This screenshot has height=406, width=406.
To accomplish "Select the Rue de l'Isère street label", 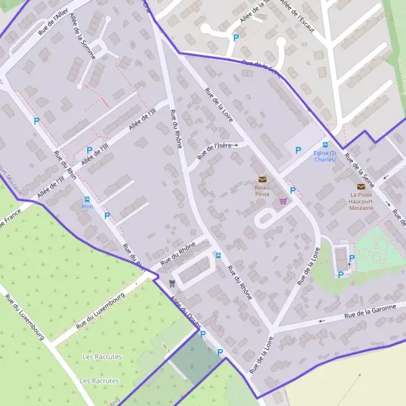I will (215, 152).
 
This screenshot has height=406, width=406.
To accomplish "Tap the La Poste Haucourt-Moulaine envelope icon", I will (361, 186).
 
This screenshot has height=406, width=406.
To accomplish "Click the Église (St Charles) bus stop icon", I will (325, 145).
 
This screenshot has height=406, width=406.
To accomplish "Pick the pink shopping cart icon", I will (283, 201).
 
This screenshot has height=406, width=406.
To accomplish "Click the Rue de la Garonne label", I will (369, 311).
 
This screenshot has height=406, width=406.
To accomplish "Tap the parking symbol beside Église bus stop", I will (297, 150).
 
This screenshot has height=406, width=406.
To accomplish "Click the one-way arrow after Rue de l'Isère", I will (237, 145).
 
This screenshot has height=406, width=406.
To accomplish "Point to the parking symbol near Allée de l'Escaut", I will (235, 38).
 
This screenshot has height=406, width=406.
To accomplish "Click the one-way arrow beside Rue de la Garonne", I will (322, 321).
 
